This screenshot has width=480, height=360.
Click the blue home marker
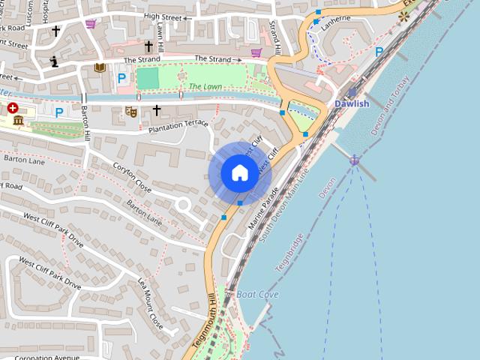point(239,173)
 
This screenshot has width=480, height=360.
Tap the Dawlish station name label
point(352,103)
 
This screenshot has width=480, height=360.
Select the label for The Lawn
point(205,87)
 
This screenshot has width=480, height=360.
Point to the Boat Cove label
point(258,295)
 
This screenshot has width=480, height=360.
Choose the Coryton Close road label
point(132,177)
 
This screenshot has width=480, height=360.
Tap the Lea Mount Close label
point(150,303)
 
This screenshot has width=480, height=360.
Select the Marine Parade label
point(263,207)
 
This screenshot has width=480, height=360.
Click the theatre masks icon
point(131,112)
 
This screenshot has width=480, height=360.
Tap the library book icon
point(100,68)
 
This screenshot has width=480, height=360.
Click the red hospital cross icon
point(13,108)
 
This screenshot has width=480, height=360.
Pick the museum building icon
point(18,121)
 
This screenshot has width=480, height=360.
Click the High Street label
point(162,16)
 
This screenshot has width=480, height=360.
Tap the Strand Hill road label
point(276,38)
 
